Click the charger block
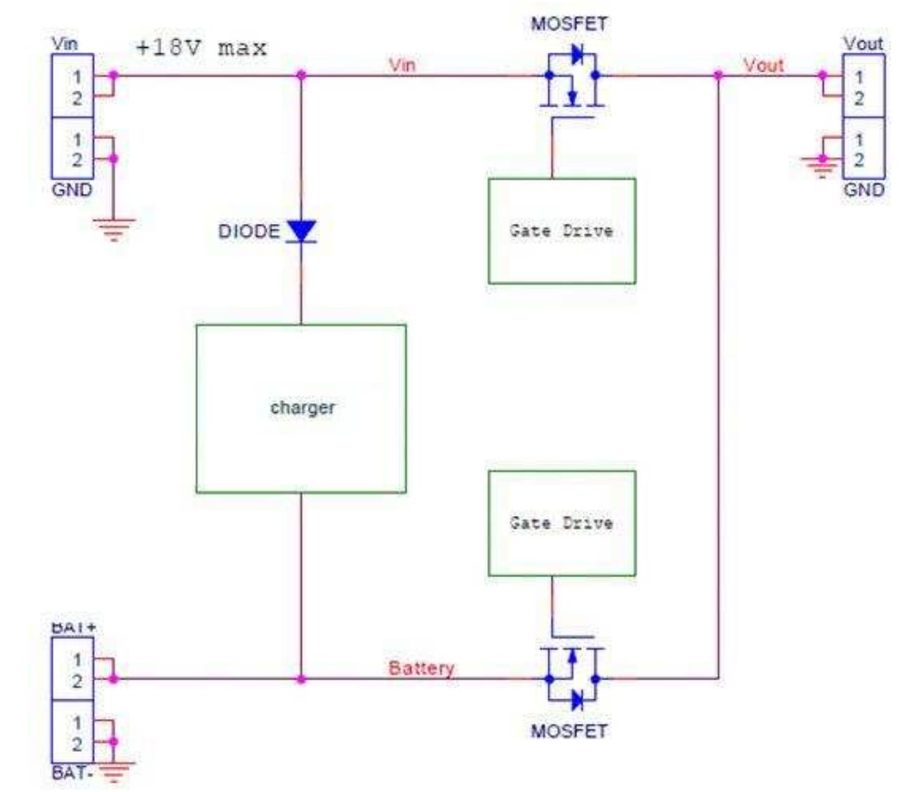(x=301, y=409)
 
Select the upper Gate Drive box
(x=562, y=231)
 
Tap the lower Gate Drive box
(x=562, y=524)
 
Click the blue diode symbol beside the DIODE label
(x=302, y=231)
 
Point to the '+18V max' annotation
(x=201, y=48)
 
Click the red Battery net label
(x=421, y=668)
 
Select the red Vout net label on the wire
(x=764, y=65)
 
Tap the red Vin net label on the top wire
(x=402, y=65)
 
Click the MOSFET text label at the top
(x=569, y=23)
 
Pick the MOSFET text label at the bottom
(x=569, y=731)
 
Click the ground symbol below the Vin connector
(x=114, y=230)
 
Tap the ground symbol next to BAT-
(x=114, y=772)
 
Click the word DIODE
(x=249, y=231)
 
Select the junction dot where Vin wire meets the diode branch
(x=302, y=75)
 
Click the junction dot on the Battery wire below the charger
(x=301, y=679)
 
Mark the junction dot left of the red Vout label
(x=718, y=75)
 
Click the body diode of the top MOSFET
(x=576, y=54)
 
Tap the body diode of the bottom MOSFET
(x=576, y=700)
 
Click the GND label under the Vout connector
(x=864, y=190)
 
